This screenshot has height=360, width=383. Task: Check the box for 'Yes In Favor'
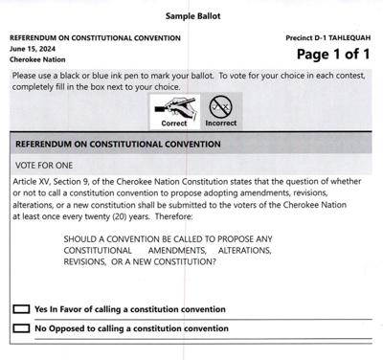click(x=21, y=309)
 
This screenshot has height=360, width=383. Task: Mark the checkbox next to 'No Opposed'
click(x=21, y=328)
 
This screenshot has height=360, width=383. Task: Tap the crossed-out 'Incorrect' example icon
click(x=220, y=105)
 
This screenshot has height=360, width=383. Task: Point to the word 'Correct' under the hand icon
click(x=175, y=124)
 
